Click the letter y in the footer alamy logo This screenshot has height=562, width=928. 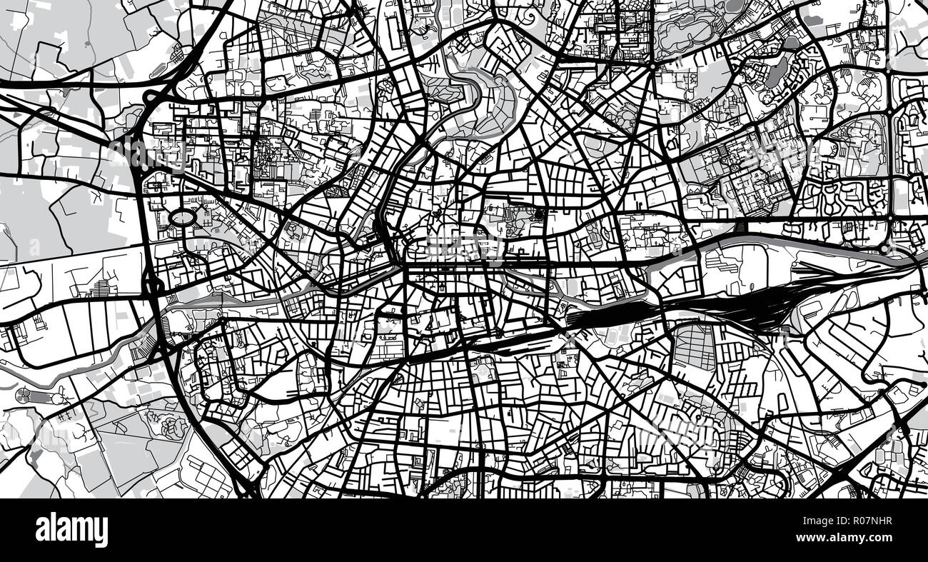[x=103, y=532]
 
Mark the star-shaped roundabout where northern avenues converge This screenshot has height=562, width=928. [x=652, y=66]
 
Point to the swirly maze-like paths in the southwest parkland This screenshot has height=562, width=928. [x=171, y=426]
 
